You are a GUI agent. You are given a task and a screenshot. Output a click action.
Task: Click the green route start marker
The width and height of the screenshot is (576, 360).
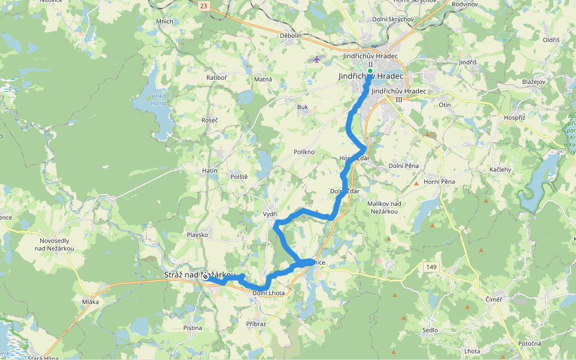pyautogui.click(x=370, y=71)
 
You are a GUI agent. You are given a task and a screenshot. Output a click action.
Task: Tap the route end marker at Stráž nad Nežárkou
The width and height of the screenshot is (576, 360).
pyautogui.click(x=205, y=277)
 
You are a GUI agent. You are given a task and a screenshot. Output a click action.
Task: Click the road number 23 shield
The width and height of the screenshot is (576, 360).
pyautogui.click(x=205, y=5)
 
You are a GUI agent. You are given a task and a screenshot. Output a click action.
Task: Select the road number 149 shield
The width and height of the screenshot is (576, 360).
pyautogui.click(x=433, y=266)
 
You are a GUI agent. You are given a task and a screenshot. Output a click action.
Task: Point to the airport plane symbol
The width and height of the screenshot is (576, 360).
pyautogui.click(x=317, y=59)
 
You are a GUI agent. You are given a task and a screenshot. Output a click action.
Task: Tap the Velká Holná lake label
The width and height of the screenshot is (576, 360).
pyautogui.click(x=159, y=99)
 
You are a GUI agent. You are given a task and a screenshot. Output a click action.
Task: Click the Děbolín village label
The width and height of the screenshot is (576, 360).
pyautogui.click(x=290, y=35)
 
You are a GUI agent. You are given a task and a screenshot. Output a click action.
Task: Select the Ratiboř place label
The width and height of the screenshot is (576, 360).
pyautogui.click(x=216, y=77)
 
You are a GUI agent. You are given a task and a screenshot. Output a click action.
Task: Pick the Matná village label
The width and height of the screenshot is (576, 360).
pyautogui.click(x=263, y=79)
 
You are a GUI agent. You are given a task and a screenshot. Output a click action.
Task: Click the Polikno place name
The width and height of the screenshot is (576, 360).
pyautogui.click(x=304, y=152)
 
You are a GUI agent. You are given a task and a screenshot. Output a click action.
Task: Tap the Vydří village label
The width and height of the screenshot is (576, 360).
pyautogui.click(x=270, y=214)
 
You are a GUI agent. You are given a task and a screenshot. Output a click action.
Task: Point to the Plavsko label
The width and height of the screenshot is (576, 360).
pyautogui.click(x=197, y=235)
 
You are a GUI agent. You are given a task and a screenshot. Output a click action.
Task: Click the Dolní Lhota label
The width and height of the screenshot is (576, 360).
pyautogui.click(x=268, y=293)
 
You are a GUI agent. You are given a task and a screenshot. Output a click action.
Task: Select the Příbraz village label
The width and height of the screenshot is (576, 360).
pyautogui.click(x=256, y=323)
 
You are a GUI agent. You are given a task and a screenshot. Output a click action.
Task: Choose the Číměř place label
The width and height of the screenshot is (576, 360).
pyautogui.click(x=493, y=299)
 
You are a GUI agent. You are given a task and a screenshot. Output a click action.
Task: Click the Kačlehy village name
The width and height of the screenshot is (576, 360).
pyautogui.click(x=500, y=170)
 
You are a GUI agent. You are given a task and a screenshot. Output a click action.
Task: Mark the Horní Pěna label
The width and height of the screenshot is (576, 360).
pyautogui.click(x=440, y=181)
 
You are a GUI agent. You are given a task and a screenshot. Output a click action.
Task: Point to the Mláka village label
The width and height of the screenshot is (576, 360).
pyautogui.click(x=90, y=302)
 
